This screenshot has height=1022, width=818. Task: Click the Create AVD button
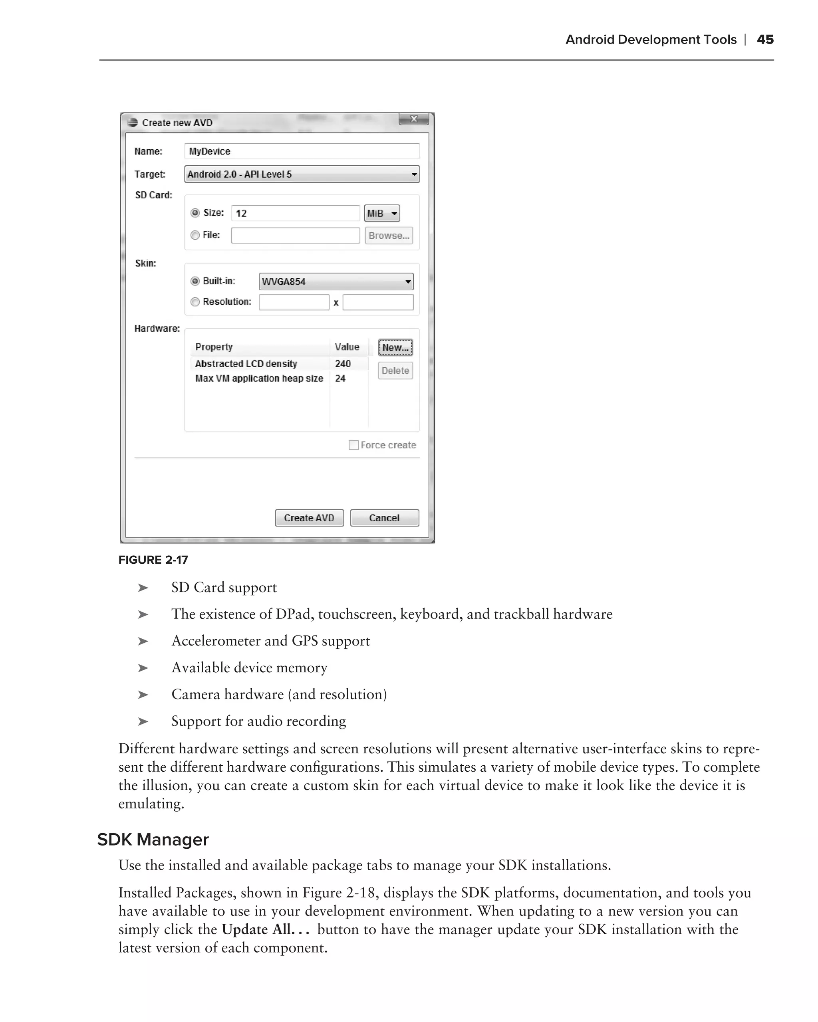[x=309, y=518]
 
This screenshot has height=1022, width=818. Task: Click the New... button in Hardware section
[x=395, y=347]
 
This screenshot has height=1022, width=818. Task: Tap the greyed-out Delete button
[x=395, y=371]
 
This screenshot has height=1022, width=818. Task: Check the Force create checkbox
[x=353, y=445]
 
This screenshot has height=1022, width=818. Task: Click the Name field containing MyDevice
[x=302, y=151]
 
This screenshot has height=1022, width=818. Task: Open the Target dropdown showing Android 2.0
[x=302, y=174]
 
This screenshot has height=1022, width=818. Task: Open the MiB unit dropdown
[x=382, y=213]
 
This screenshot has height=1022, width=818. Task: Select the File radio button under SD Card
[x=195, y=236]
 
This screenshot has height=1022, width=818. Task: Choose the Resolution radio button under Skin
[x=195, y=302]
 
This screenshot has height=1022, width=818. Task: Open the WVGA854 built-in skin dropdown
[x=336, y=281]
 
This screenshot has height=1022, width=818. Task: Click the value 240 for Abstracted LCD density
[x=343, y=364]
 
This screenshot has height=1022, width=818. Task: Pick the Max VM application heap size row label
[x=259, y=378]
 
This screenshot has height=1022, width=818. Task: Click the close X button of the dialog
[x=413, y=119]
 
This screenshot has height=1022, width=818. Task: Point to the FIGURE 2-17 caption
[x=153, y=560]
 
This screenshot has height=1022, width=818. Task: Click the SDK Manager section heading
[x=153, y=840]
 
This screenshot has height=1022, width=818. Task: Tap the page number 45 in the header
[x=765, y=40]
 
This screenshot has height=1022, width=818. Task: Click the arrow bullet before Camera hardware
[x=143, y=695]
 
